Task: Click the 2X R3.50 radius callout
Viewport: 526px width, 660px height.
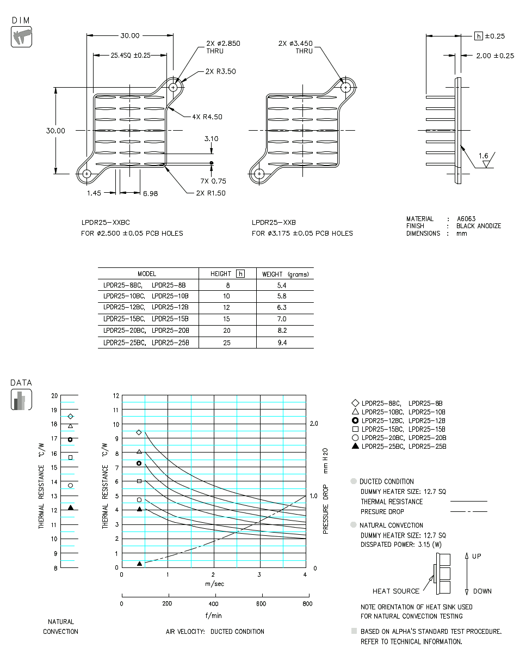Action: (x=220, y=71)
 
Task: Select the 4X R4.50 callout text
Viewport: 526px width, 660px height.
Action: (x=207, y=117)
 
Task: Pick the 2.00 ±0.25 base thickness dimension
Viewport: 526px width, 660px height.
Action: (x=494, y=56)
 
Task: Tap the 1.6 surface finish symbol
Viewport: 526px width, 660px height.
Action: (x=484, y=156)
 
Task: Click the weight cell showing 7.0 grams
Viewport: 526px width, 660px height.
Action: (x=281, y=319)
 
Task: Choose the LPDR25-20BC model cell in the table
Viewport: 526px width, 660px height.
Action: (x=124, y=331)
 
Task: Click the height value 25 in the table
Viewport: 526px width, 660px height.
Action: (x=227, y=343)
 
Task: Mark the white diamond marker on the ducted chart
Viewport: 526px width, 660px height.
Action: (x=139, y=432)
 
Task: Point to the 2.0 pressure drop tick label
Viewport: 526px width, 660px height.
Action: (x=313, y=424)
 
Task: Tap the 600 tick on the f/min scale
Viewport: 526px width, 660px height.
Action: (x=261, y=603)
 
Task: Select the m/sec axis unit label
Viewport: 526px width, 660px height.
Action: (x=214, y=584)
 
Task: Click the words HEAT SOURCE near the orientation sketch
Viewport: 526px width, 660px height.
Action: (x=396, y=591)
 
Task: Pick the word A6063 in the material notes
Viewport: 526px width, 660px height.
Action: (x=466, y=219)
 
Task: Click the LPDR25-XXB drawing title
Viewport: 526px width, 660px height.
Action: (x=274, y=222)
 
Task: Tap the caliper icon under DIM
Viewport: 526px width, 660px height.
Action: (x=21, y=36)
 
